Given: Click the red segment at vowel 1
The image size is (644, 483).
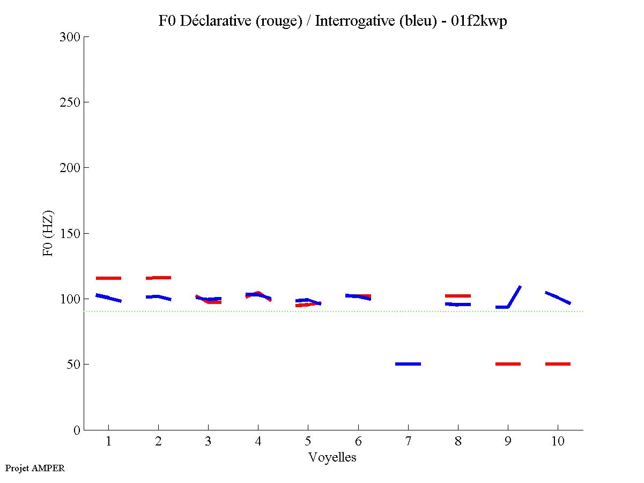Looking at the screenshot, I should tap(108, 278).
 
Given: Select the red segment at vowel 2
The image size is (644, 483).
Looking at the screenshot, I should tap(158, 278).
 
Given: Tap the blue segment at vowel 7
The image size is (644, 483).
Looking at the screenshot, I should tap(408, 364).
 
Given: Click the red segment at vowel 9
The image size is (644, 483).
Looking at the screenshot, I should tap(508, 364).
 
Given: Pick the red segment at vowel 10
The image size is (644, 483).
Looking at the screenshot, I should tap(558, 364).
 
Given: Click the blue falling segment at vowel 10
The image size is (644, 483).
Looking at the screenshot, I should tap(558, 298).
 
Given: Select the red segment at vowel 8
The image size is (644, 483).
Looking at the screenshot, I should tap(458, 296).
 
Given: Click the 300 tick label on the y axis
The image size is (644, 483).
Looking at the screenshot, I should tap(70, 37).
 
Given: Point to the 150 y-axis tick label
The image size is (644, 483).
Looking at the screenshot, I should tap(70, 234).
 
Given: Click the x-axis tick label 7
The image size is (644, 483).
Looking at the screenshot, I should tap(408, 442).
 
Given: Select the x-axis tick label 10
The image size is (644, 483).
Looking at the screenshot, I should tap(558, 442).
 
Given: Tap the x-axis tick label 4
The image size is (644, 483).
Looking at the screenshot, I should tap(258, 442).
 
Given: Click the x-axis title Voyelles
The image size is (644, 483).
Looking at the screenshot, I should tap(332, 457).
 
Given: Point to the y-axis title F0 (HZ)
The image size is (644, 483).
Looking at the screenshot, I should tap(49, 233).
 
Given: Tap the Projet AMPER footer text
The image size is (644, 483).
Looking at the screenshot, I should tap(35, 468).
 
